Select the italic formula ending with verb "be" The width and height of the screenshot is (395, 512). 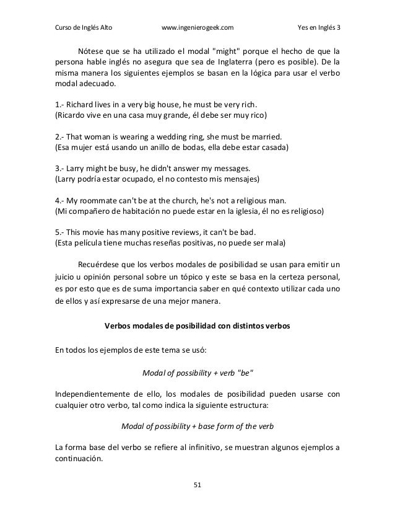pos(197,371)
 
